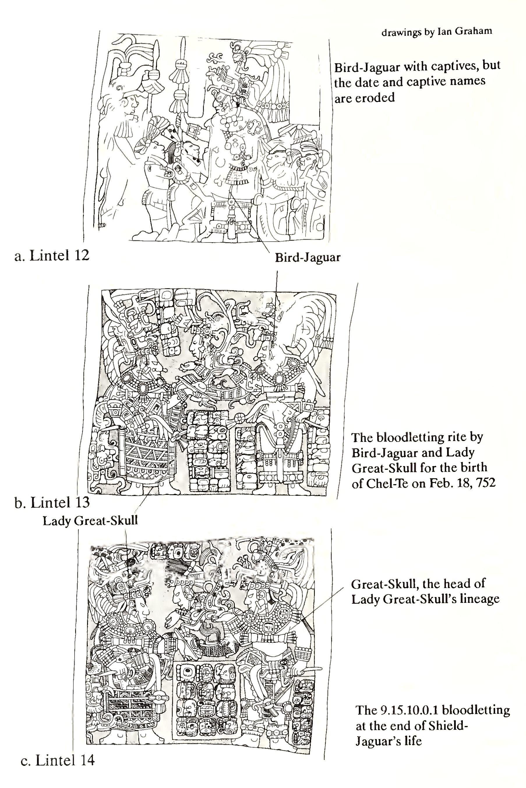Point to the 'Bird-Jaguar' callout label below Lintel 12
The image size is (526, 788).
(x=308, y=257)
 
